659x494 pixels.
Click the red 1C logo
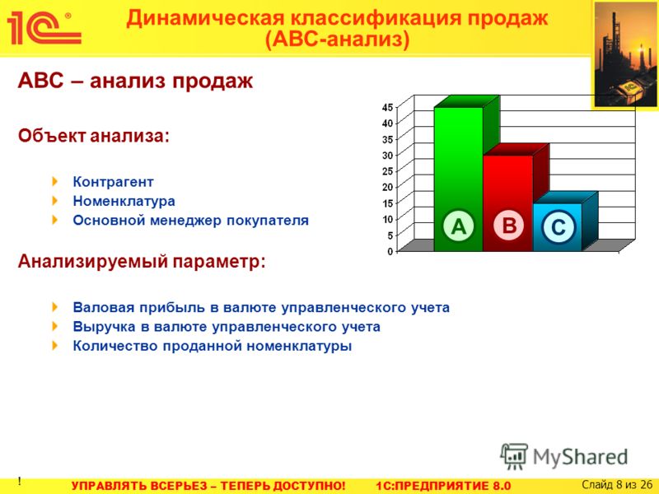tap(44, 28)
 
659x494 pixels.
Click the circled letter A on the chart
tap(459, 226)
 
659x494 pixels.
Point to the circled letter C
tap(558, 227)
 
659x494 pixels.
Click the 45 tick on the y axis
tap(387, 107)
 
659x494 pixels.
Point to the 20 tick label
tap(387, 187)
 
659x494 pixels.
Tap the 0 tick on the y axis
tap(390, 251)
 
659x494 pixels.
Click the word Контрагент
tap(113, 182)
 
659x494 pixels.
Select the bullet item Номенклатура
tap(124, 201)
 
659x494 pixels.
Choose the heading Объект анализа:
tap(93, 136)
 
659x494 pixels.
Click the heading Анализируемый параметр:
tap(142, 261)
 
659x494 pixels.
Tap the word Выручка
tap(105, 327)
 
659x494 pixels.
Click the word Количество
tap(115, 346)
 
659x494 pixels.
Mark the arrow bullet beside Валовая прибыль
tap(55, 307)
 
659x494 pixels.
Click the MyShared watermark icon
tap(514, 456)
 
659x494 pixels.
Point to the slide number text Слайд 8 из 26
tap(617, 485)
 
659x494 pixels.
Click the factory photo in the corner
tap(625, 54)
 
